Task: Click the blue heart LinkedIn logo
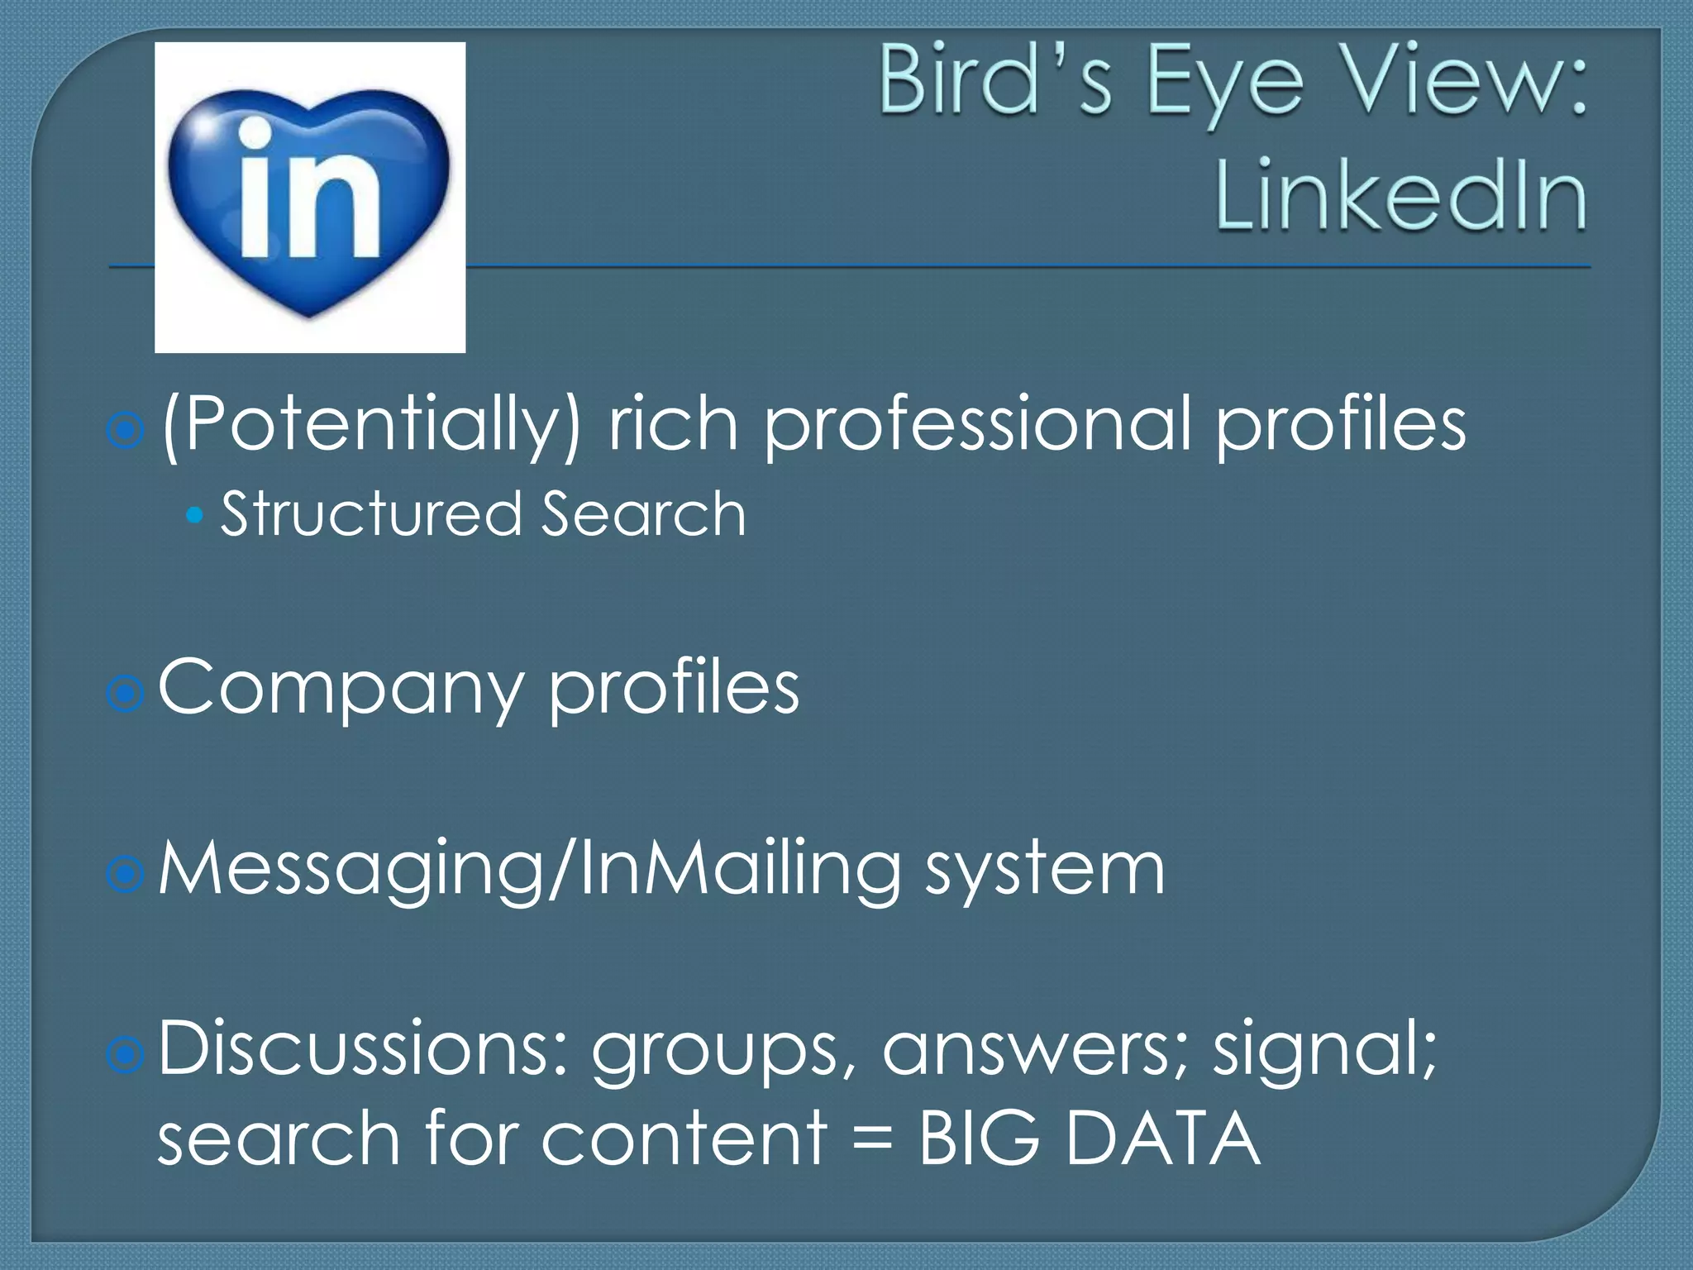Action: click(x=309, y=198)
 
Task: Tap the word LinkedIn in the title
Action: click(x=1400, y=197)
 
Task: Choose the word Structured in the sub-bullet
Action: click(x=371, y=513)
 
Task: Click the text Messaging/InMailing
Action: click(x=529, y=871)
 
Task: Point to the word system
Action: click(x=1045, y=871)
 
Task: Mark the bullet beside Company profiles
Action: click(x=126, y=694)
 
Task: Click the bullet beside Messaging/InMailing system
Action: click(x=126, y=874)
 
